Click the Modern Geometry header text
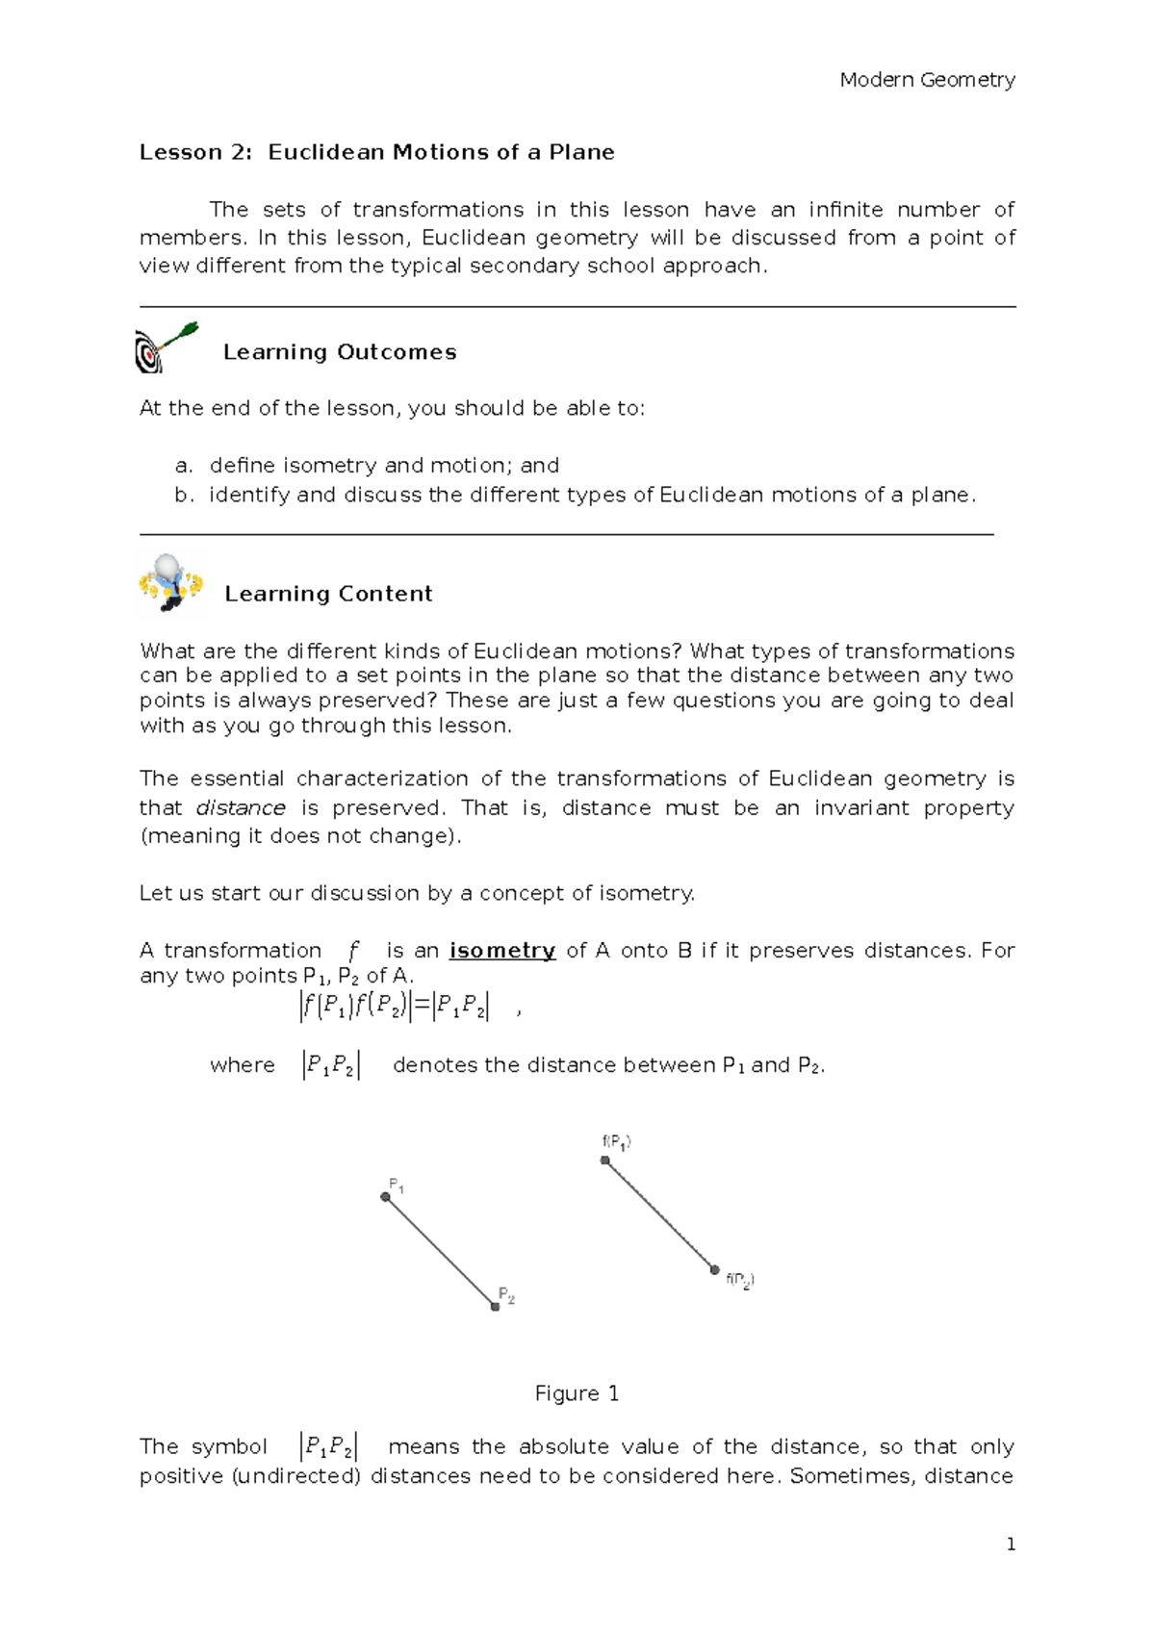[x=927, y=80]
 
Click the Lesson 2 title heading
[x=376, y=152]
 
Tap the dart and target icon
[x=165, y=347]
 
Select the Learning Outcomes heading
[x=339, y=352]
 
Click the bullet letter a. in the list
[x=184, y=466]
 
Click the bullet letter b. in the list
[x=184, y=496]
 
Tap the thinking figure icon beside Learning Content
[x=171, y=582]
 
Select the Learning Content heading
[x=328, y=594]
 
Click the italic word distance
[x=241, y=808]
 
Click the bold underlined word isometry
[x=502, y=951]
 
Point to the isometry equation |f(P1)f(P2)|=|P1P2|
[x=395, y=1007]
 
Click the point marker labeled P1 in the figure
[x=385, y=1197]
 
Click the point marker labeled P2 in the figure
[x=495, y=1307]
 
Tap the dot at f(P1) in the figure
[x=605, y=1161]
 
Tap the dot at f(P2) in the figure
[x=715, y=1270]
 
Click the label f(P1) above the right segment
[x=616, y=1142]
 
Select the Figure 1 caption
[x=577, y=1393]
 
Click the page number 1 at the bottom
[x=1011, y=1545]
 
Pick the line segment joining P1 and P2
[x=440, y=1252]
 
